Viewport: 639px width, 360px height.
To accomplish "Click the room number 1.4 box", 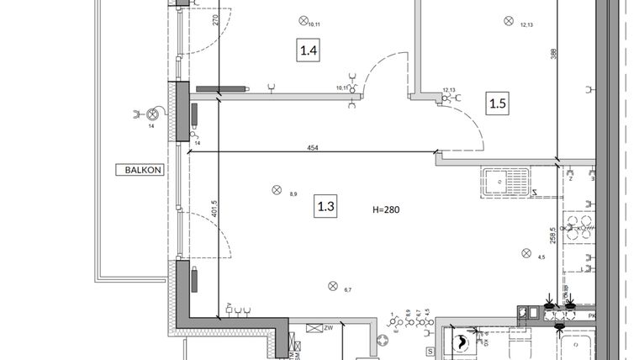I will tap(309, 51).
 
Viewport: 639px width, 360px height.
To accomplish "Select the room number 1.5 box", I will tap(498, 103).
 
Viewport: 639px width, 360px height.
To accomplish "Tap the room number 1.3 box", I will tap(325, 206).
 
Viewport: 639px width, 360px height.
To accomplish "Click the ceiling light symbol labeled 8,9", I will tap(276, 189).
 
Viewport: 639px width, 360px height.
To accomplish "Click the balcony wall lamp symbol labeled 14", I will tap(152, 115).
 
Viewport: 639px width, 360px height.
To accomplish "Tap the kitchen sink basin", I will tap(505, 179).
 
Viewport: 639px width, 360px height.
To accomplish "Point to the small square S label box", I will tap(429, 351).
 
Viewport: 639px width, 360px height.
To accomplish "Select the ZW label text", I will tap(329, 328).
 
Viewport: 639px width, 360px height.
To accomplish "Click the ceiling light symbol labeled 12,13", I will tap(508, 20).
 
